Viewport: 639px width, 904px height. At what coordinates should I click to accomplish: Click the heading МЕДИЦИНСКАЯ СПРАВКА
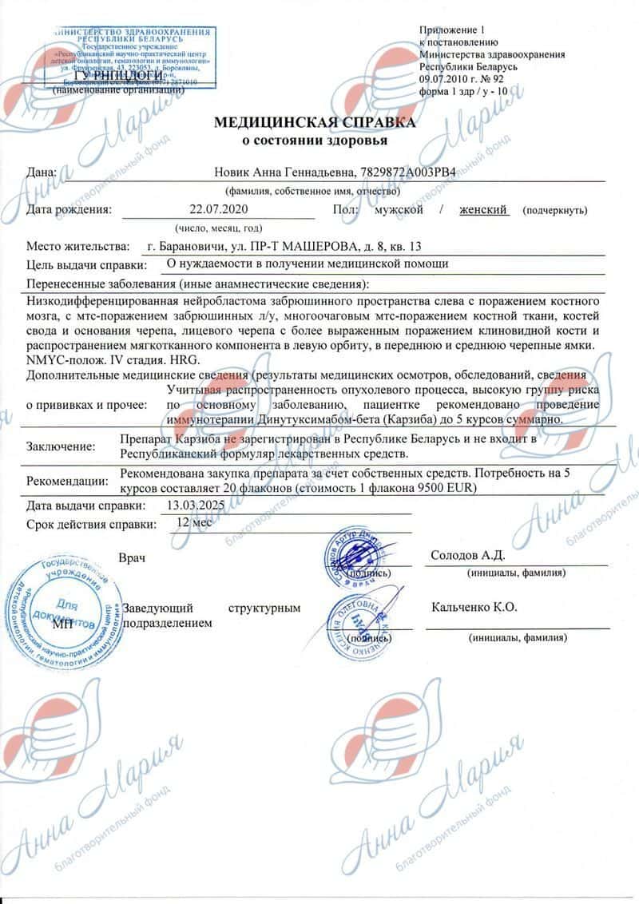click(314, 123)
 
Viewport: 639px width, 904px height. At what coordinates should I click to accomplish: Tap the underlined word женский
click(483, 210)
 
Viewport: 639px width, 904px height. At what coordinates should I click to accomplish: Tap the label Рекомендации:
click(67, 481)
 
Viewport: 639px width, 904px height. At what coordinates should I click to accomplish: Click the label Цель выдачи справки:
click(87, 264)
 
